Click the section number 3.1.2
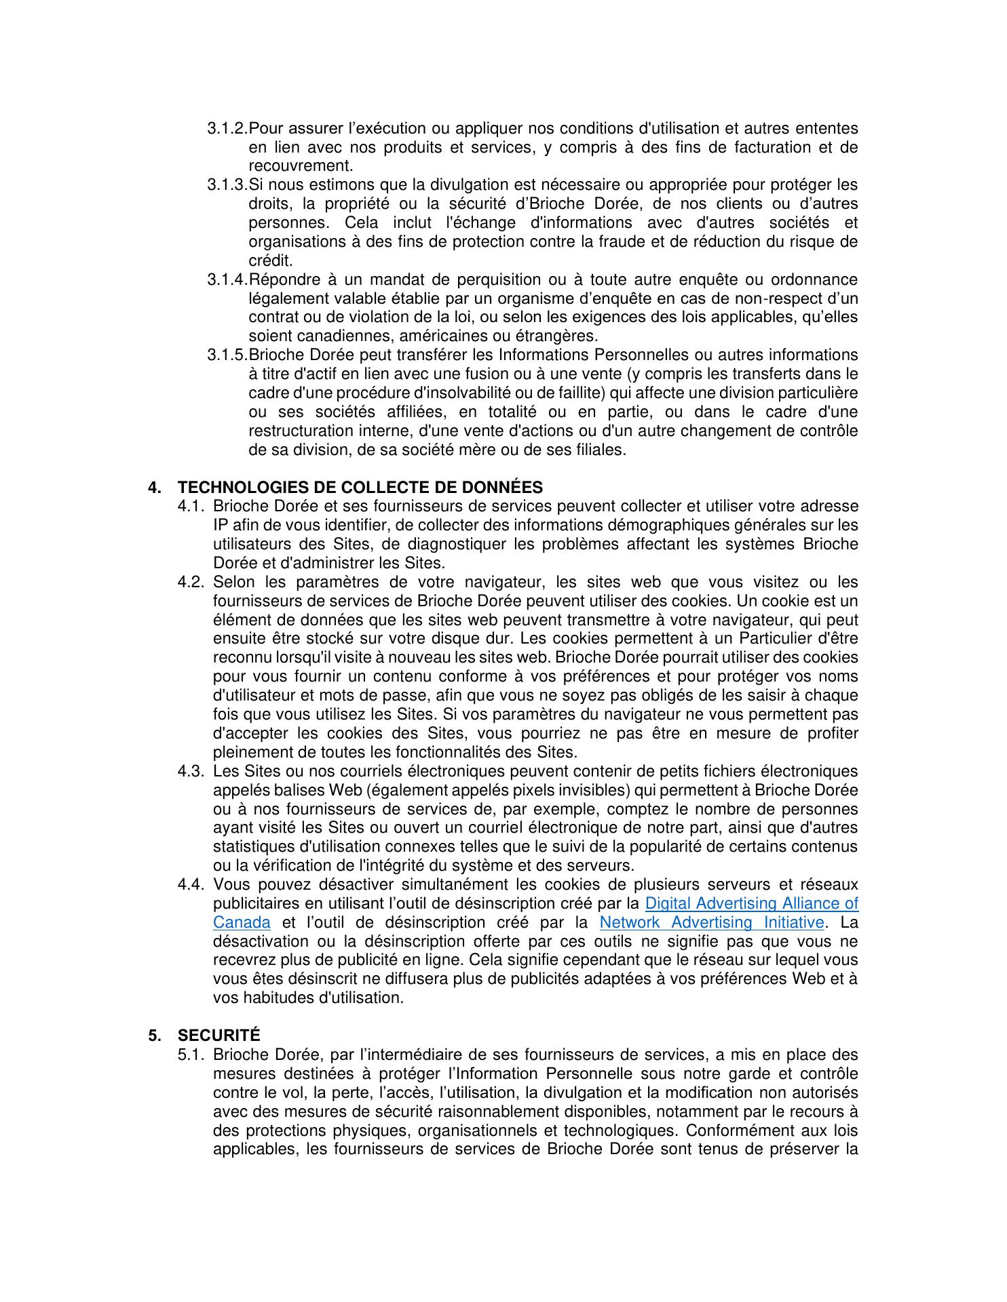tap(227, 129)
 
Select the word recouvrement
tap(300, 166)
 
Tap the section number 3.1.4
tap(227, 280)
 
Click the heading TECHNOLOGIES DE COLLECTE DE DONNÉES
tap(360, 488)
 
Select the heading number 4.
tap(155, 488)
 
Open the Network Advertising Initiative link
tap(712, 923)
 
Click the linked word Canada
tap(242, 923)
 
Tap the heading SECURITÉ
tap(218, 1035)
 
